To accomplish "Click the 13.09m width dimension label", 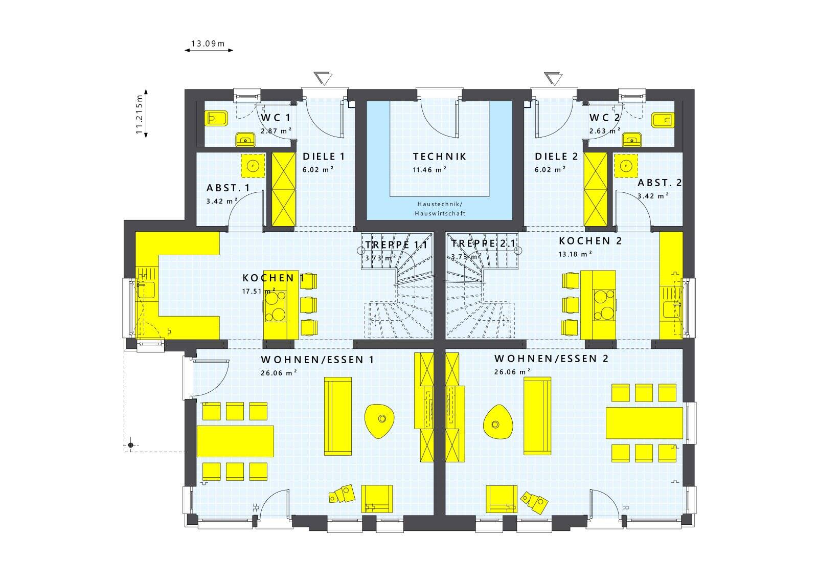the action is click(208, 43).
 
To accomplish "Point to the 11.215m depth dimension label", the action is click(139, 115).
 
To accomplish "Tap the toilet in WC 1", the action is click(217, 119).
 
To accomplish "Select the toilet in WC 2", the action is click(663, 120).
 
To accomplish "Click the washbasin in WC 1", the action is click(245, 139).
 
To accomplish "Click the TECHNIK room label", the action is click(440, 157).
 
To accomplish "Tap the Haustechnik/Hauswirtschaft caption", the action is click(440, 209).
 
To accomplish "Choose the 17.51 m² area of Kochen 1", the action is click(259, 291).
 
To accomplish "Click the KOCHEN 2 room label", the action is click(590, 241).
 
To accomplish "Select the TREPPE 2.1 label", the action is click(483, 243).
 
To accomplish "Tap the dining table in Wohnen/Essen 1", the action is click(236, 441).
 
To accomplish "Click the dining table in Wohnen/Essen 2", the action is click(644, 423).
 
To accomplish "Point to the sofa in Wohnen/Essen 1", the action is click(338, 416).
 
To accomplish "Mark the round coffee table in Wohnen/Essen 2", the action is click(497, 422).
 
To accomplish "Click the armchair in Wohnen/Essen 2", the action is click(502, 499).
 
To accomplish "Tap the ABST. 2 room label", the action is click(660, 183).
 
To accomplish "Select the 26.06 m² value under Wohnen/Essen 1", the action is click(279, 373).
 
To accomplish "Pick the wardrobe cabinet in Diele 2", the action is click(595, 189).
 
